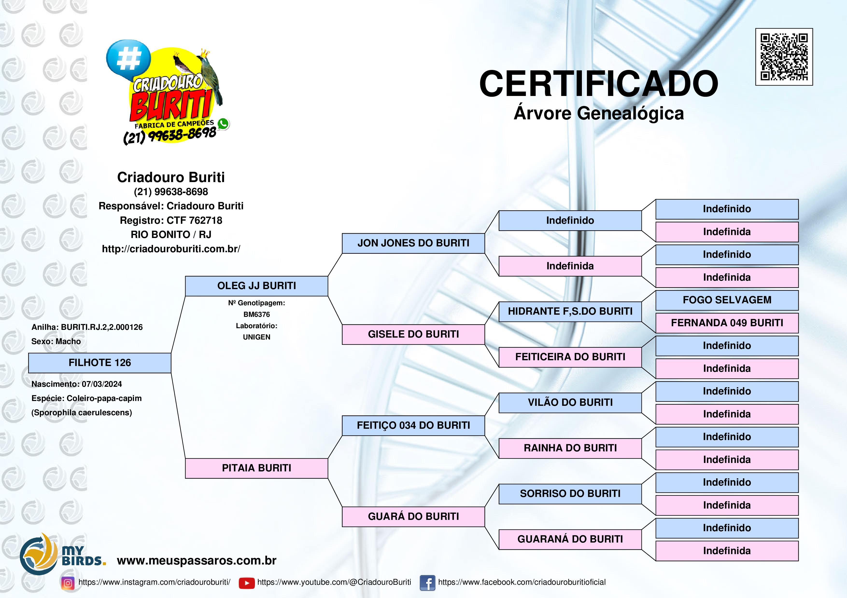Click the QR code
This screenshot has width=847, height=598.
784,57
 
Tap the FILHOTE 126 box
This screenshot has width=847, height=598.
100,363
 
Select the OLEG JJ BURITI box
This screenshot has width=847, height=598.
256,286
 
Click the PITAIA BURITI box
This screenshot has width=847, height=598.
256,468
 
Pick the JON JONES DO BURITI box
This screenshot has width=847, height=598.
413,243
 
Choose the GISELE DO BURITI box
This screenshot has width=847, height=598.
413,334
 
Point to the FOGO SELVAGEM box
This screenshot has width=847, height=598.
727,300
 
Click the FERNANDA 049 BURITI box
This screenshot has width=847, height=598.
727,323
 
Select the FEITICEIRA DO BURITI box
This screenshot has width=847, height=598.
570,357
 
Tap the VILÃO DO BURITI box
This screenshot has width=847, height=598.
570,403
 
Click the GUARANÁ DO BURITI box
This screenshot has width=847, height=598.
570,539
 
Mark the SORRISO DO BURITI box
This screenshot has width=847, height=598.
570,494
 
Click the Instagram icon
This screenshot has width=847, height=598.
68,583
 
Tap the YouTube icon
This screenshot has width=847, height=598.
247,583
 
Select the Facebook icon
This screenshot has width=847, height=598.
428,583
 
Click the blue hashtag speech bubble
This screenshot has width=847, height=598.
128,59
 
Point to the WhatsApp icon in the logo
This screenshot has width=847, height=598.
223,124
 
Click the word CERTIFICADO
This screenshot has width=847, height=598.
598,84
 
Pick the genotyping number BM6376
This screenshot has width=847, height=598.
256,314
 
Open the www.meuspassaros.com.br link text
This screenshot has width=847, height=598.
197,560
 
